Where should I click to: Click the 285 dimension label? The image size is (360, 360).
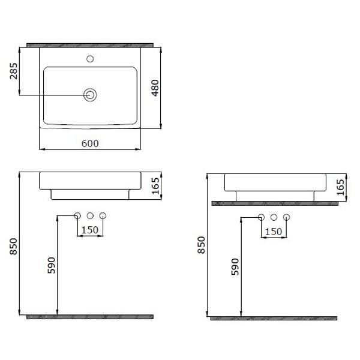point(14,71)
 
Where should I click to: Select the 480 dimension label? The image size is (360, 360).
point(155,88)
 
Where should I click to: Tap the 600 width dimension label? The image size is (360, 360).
point(90,143)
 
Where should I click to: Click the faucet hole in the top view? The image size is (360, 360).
point(90,59)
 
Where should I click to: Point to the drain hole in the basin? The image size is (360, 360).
point(90,95)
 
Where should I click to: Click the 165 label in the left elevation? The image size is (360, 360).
point(155,186)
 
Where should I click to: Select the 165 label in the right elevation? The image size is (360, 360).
point(340,187)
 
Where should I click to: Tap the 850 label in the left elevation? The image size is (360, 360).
point(14,247)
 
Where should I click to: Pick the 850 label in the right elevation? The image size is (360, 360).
point(201,245)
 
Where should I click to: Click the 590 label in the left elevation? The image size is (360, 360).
point(52,265)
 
